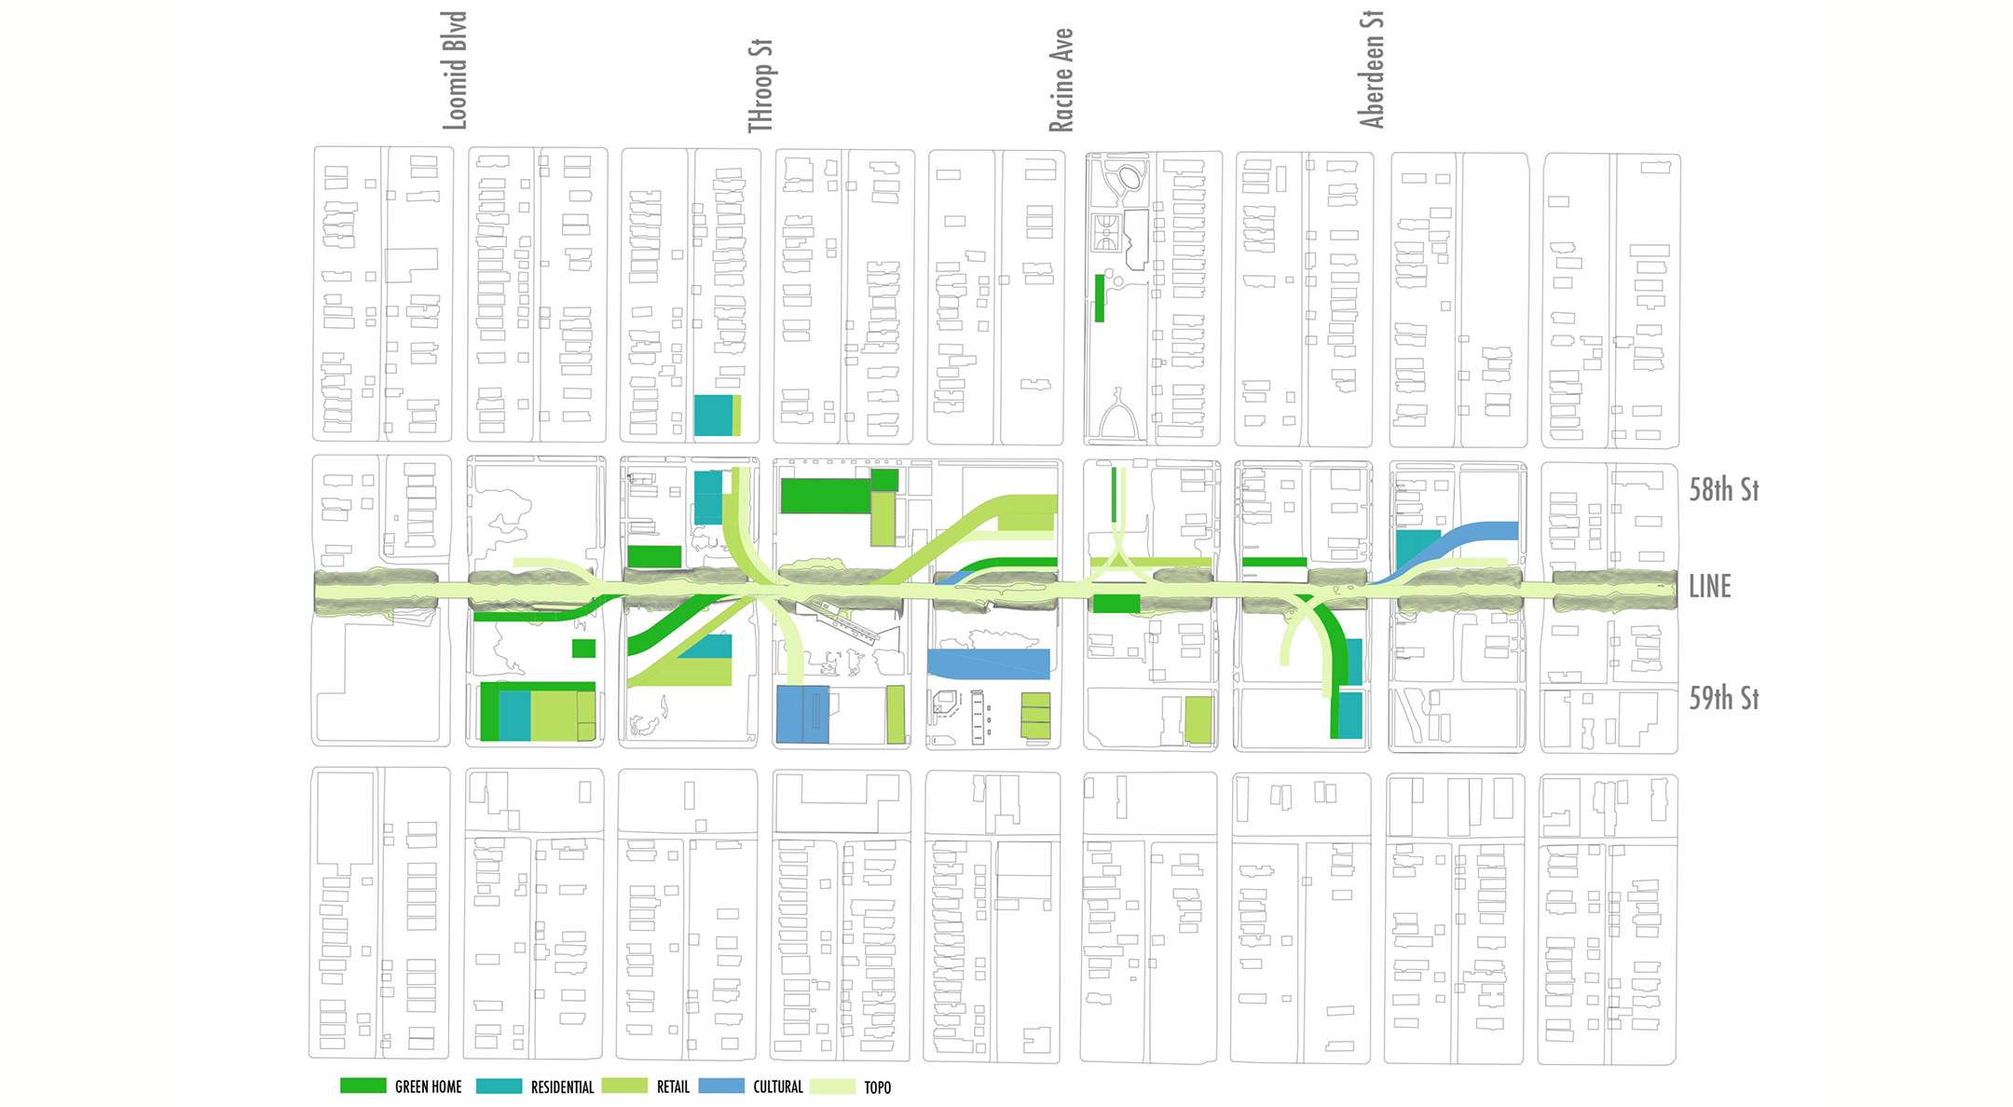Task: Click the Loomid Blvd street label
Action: pyautogui.click(x=454, y=71)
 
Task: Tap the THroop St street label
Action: pyautogui.click(x=760, y=86)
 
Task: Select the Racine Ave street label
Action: pyautogui.click(x=1061, y=80)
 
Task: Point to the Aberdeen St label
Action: pyautogui.click(x=1371, y=69)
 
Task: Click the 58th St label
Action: pyautogui.click(x=1723, y=490)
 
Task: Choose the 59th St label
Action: pyautogui.click(x=1723, y=698)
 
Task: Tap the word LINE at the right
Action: pyautogui.click(x=1709, y=587)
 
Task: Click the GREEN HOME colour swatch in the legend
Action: pyautogui.click(x=363, y=1086)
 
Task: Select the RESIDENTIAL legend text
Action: pyautogui.click(x=562, y=1087)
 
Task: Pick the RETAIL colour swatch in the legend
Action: pyautogui.click(x=624, y=1086)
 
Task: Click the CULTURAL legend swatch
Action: pyautogui.click(x=721, y=1086)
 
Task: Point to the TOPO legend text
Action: pyautogui.click(x=877, y=1087)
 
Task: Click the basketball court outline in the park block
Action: pyautogui.click(x=1106, y=233)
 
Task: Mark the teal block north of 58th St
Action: pyautogui.click(x=713, y=415)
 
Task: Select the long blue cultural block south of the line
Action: pyautogui.click(x=989, y=663)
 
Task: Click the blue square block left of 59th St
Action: pyautogui.click(x=801, y=715)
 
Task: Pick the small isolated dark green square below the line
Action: pyautogui.click(x=583, y=648)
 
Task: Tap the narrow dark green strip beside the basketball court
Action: pyautogui.click(x=1100, y=297)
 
